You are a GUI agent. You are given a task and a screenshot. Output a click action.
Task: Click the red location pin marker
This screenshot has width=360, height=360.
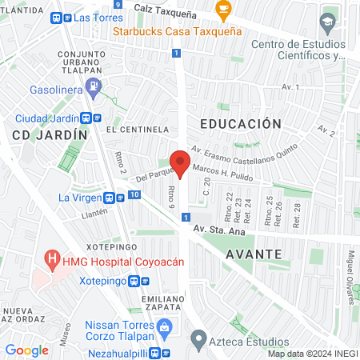pos(181,162)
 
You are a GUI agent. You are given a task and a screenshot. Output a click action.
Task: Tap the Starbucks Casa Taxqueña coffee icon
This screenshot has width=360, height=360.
pos(223,10)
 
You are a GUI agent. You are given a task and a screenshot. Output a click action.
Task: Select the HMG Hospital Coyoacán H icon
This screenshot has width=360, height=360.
pos(53,259)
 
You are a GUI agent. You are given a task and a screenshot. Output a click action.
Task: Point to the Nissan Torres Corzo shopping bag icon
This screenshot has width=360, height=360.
pos(164,326)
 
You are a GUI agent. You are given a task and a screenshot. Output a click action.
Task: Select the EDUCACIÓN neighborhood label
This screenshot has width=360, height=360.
pos(241,124)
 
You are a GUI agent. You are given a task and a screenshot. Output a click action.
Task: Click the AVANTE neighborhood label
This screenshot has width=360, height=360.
pos(253,254)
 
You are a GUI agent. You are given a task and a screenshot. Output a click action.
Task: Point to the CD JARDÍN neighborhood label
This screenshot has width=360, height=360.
pos(49,135)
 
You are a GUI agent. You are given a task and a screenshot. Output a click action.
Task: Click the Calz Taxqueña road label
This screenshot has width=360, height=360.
pos(166,6)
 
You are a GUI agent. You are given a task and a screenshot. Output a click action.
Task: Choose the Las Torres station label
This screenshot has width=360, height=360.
pos(93,17)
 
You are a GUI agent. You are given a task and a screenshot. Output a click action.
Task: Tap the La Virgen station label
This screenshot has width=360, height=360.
pos(79,198)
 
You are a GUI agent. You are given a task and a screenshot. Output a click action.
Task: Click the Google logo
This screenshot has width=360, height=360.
pos(26,350)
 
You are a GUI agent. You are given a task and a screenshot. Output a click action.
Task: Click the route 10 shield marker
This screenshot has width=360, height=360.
pos(135,194)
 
